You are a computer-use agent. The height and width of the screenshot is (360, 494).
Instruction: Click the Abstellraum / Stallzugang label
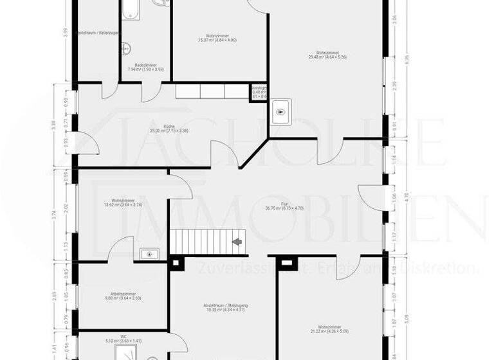click(224, 307)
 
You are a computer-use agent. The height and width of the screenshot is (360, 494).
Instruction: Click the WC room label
click(123, 337)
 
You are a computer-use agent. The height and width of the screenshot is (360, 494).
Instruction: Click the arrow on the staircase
click(237, 242)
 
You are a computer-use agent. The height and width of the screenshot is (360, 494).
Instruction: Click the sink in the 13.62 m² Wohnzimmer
click(149, 254)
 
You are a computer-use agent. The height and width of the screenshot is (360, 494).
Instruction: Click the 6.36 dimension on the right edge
click(406, 59)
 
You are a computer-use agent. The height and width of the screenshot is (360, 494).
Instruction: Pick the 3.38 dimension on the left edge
click(55, 126)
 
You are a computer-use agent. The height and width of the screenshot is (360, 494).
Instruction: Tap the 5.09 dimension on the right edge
click(406, 316)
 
